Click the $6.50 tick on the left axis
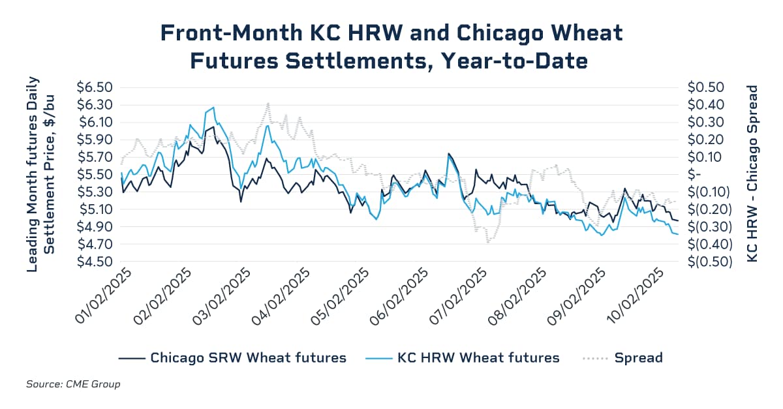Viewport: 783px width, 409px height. click(95, 87)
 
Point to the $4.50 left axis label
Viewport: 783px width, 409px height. click(95, 262)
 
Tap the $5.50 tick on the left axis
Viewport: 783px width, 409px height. click(95, 175)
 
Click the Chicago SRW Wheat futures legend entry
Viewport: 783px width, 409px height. click(232, 357)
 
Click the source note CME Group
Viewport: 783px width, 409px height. click(73, 384)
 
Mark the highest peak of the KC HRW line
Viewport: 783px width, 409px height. click(213, 108)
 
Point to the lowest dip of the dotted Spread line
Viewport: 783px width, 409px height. click(487, 243)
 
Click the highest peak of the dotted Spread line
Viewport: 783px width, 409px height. click(268, 103)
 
